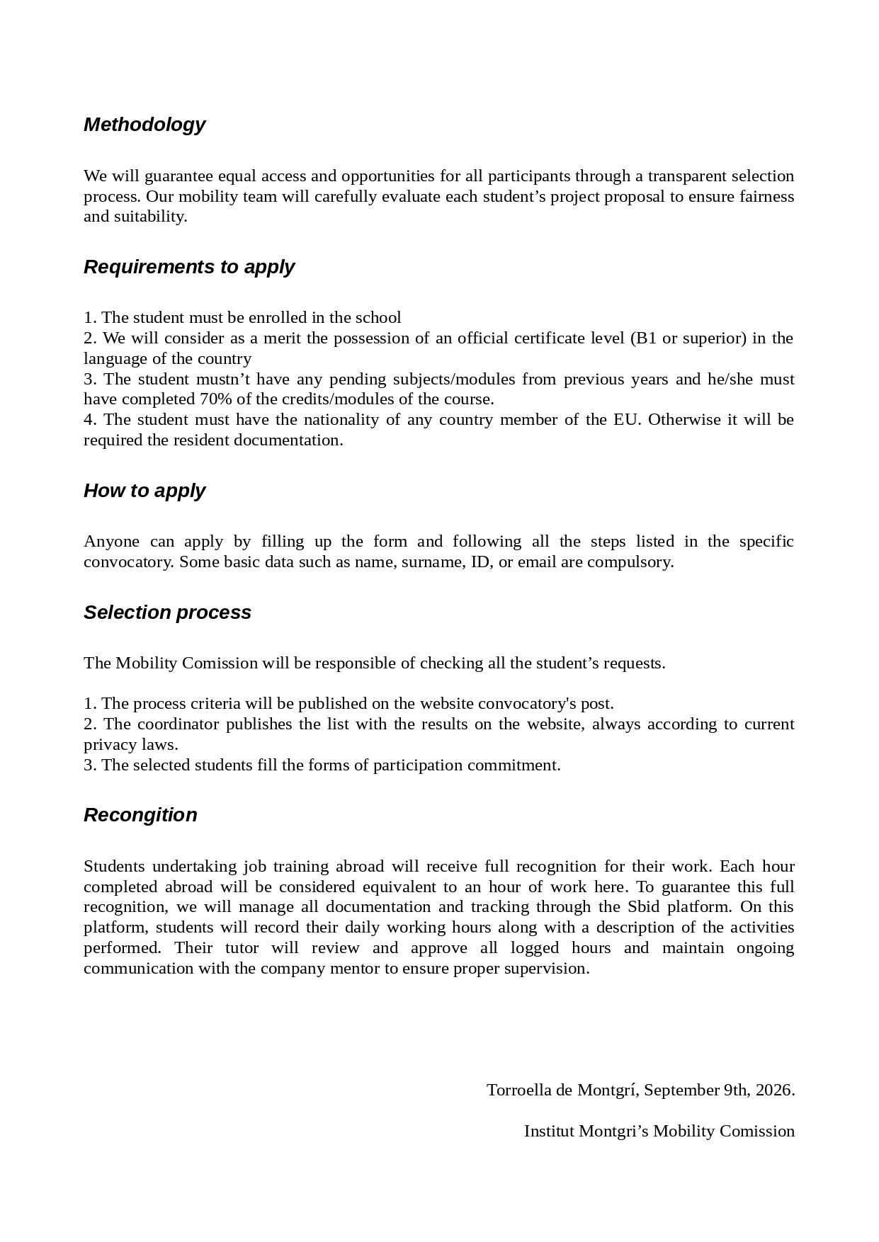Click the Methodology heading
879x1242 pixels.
pyautogui.click(x=144, y=125)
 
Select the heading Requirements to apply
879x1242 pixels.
pyautogui.click(x=189, y=267)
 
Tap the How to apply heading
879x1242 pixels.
pyautogui.click(x=144, y=491)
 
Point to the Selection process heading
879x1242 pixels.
pyautogui.click(x=167, y=613)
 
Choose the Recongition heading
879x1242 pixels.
pyautogui.click(x=140, y=815)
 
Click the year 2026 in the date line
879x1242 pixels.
pyautogui.click(x=773, y=1090)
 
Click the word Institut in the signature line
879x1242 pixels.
pyautogui.click(x=549, y=1131)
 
